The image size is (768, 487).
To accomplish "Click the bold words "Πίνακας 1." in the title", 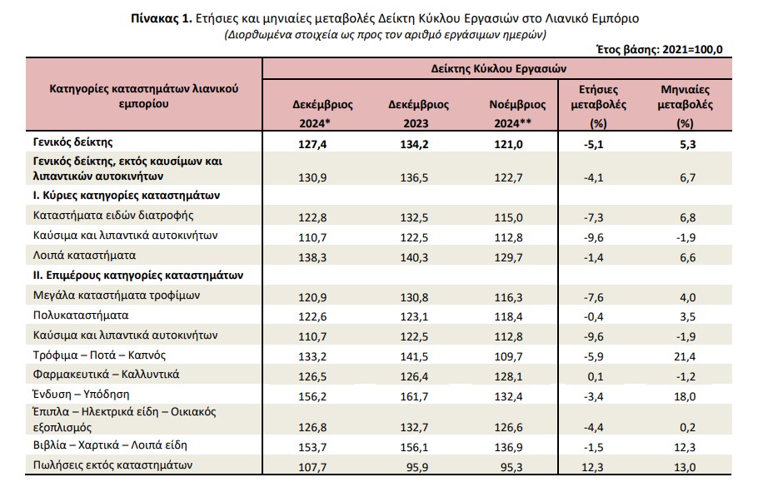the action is point(161,19).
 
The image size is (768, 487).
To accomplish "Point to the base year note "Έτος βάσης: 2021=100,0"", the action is point(659,49).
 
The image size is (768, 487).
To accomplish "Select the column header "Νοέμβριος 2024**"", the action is point(517,113).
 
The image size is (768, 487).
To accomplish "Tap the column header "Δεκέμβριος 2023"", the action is point(418,113).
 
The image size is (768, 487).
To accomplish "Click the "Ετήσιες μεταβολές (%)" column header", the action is point(599,107).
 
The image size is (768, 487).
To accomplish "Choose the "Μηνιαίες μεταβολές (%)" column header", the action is point(686,107).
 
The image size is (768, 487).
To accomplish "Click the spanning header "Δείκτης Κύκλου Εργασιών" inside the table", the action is point(499,69).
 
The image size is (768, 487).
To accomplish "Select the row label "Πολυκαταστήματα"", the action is point(81,316).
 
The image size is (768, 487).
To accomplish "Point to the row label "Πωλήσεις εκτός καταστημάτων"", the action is point(112,465).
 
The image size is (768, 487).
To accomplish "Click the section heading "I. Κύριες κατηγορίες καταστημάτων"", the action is point(127,196).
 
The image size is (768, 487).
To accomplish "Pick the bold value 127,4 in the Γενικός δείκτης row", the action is point(312,144).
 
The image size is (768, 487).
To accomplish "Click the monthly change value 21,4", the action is point(685,356).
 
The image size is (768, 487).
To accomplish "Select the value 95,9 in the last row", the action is point(417,467).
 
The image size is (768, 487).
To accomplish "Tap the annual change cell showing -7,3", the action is point(594,217).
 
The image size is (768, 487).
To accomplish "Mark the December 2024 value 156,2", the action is point(312,396).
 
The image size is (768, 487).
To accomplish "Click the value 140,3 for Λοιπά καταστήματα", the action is point(414,257).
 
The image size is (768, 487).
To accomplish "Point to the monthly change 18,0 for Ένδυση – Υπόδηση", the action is point(685,396).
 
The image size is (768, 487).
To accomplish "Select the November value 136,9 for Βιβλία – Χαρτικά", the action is point(508,447).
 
